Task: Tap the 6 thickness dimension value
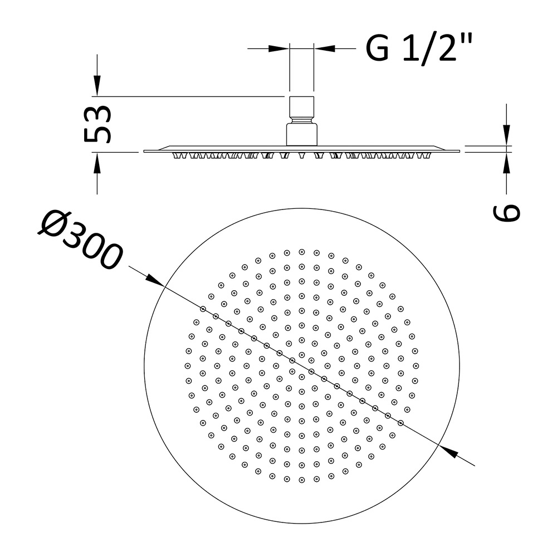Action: [x=506, y=212]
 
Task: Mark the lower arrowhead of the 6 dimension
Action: [x=506, y=162]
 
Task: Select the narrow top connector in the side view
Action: [x=301, y=105]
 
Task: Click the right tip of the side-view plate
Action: [x=459, y=151]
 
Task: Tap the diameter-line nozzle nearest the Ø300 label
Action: [x=203, y=309]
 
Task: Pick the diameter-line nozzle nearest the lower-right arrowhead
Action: [x=400, y=423]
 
